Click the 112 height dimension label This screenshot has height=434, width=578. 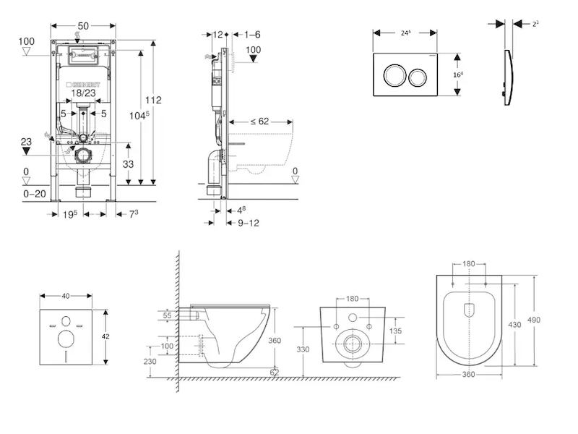click(153, 100)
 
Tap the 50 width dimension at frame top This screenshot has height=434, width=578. click(84, 26)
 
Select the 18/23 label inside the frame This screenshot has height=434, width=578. click(84, 93)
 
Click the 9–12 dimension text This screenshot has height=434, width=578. click(248, 223)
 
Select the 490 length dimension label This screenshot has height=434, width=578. click(534, 320)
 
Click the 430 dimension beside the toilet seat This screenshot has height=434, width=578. click(514, 325)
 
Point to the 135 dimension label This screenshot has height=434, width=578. click(396, 331)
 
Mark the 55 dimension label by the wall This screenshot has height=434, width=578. click(167, 315)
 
